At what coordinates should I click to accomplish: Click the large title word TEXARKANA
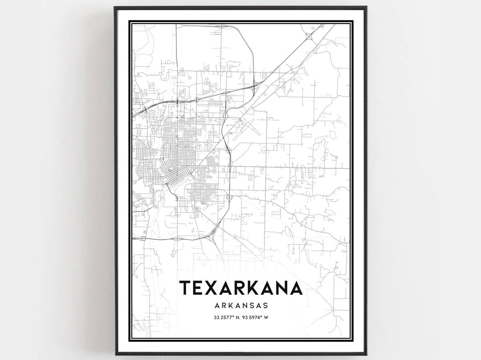[x=241, y=288]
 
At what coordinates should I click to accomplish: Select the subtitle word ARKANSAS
[x=241, y=306]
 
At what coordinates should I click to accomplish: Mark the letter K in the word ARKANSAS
[x=231, y=306]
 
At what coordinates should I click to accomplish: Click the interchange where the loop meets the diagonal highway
[x=253, y=87]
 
